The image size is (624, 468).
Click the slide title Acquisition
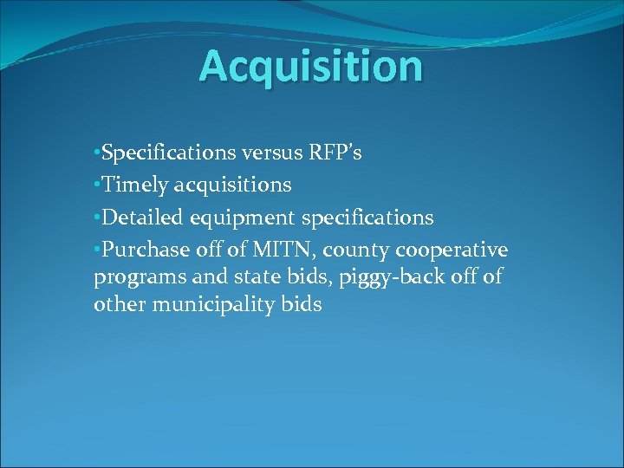pyautogui.click(x=311, y=66)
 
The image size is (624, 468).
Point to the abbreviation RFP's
pyautogui.click(x=335, y=153)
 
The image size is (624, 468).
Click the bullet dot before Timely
pyautogui.click(x=97, y=185)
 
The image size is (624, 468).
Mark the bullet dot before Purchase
pyautogui.click(x=97, y=250)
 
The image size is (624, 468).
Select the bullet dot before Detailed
pyautogui.click(x=97, y=218)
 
